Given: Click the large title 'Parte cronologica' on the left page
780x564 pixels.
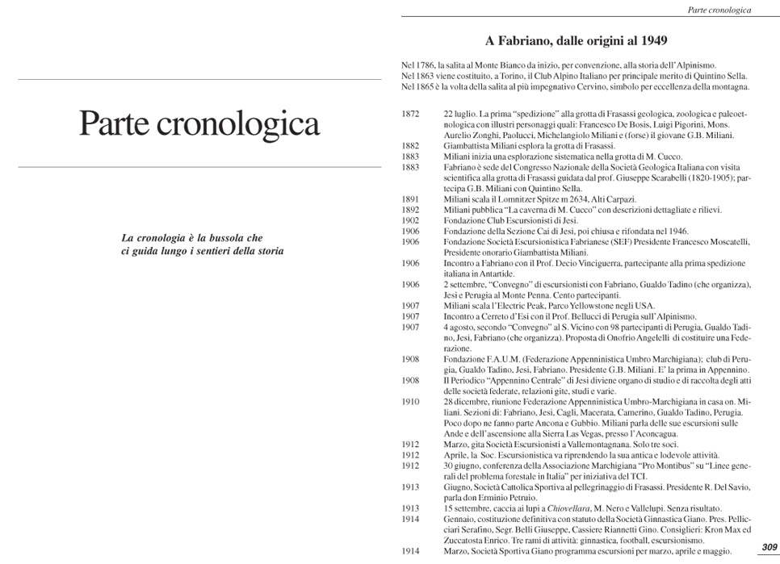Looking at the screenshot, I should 199,123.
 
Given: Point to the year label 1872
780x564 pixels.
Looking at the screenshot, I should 410,114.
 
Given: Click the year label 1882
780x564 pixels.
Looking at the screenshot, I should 410,145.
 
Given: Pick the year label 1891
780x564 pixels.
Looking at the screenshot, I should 410,198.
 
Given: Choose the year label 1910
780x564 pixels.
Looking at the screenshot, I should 410,401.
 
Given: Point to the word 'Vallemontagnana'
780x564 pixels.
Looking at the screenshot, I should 568,444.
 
